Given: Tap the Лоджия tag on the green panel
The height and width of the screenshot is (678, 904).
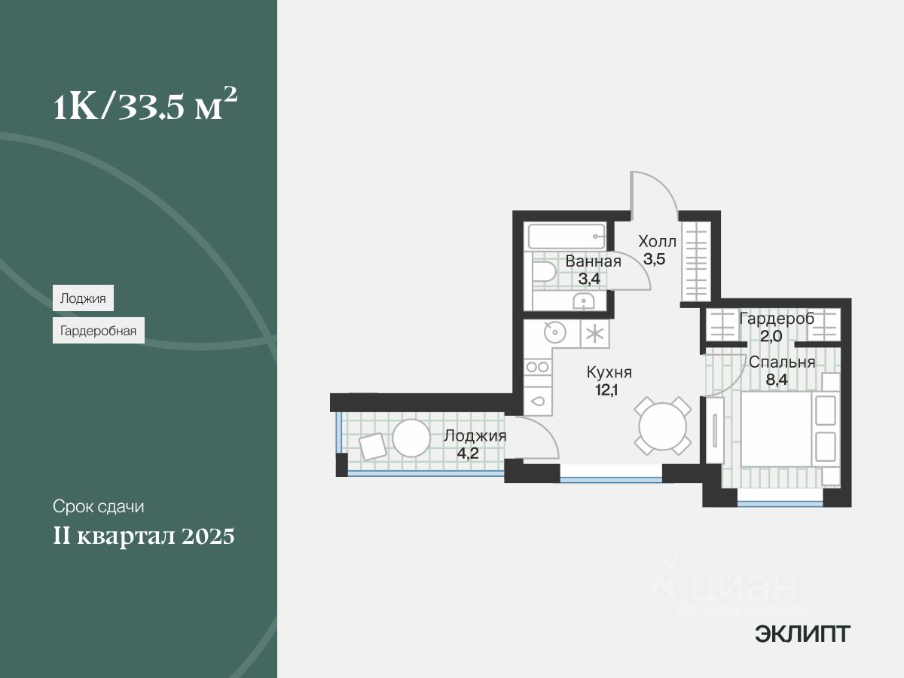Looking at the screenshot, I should (83, 298).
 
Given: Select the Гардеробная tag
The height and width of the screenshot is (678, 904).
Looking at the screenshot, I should (99, 330).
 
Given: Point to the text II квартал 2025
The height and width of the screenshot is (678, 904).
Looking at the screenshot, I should (144, 537).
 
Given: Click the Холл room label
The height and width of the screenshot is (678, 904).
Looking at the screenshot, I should (658, 242).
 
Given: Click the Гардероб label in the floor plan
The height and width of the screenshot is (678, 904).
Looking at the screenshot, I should (777, 319).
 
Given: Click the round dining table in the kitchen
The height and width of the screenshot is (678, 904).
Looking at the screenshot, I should (662, 426).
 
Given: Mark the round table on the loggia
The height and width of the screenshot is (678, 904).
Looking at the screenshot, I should (411, 438).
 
